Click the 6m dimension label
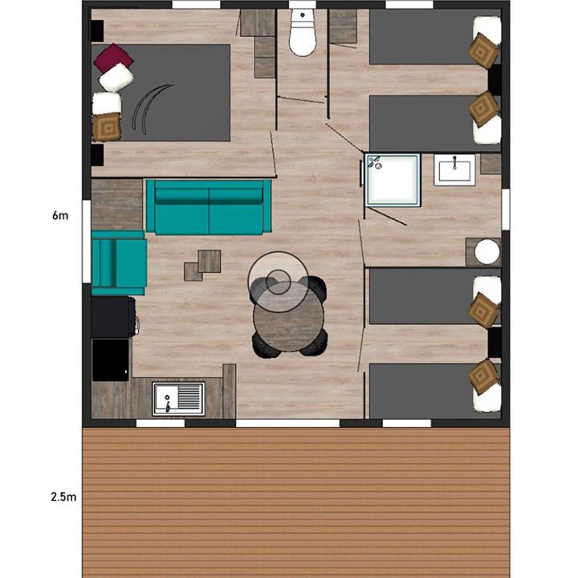pyautogui.click(x=60, y=215)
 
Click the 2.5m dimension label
pyautogui.click(x=63, y=497)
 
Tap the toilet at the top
pyautogui.click(x=303, y=32)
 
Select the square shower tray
pyautogui.click(x=393, y=180)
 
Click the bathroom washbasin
pyautogui.click(x=454, y=170)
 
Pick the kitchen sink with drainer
pyautogui.click(x=178, y=399)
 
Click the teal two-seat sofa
pyautogui.click(x=209, y=207)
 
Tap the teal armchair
pyautogui.click(x=119, y=263)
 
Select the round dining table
pyautogui.click(x=288, y=316)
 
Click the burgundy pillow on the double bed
pyautogui.click(x=113, y=58)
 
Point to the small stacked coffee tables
pyautogui.click(x=203, y=265)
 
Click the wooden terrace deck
pyautogui.click(x=295, y=503)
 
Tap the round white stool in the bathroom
pyautogui.click(x=487, y=252)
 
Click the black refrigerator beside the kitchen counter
pyautogui.click(x=110, y=360)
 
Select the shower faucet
pyautogui.click(x=376, y=162)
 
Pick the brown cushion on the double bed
pyautogui.click(x=107, y=128)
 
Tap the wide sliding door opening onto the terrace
pyautogui.click(x=287, y=423)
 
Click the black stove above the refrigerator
pyautogui.click(x=113, y=317)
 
